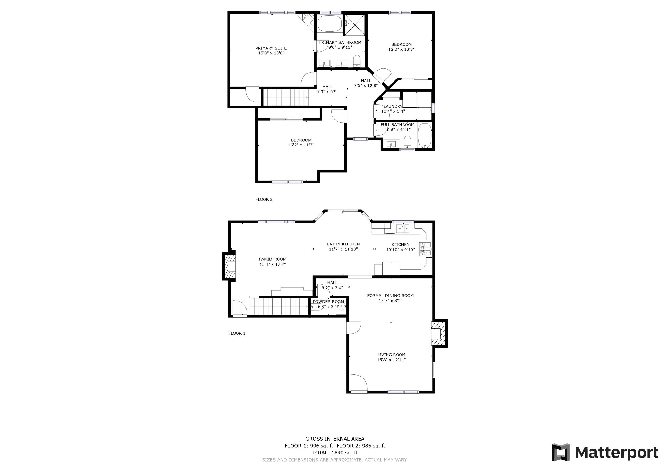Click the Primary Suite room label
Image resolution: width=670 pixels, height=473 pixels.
coord(271,48)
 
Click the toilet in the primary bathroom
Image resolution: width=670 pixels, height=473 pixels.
coord(357,61)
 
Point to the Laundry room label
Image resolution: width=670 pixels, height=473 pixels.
coord(393,106)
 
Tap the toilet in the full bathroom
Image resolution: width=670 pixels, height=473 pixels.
coord(407,142)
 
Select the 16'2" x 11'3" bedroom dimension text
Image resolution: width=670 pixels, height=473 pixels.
coord(301,145)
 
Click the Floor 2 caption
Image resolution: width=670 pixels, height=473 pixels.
coord(264,200)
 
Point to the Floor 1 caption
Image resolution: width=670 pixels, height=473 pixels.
coord(237,333)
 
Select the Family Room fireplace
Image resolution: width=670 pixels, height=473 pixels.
coord(229,266)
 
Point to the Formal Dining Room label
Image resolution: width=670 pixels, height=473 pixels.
coord(390,296)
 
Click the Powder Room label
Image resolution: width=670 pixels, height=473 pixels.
coord(328,302)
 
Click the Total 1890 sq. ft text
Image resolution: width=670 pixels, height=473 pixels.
coord(335,453)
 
